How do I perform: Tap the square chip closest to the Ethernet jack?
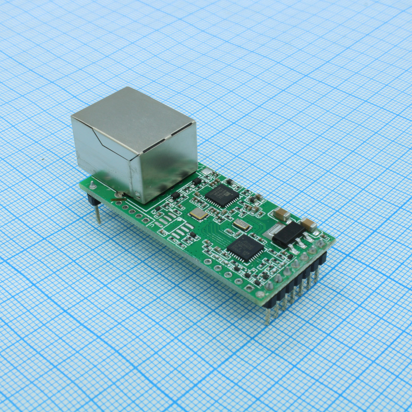pyautogui.click(x=222, y=195)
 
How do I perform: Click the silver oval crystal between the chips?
pyautogui.click(x=241, y=225)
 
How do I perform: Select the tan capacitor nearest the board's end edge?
pyautogui.click(x=309, y=225)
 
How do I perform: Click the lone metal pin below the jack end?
pyautogui.click(x=98, y=214)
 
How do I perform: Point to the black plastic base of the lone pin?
pyautogui.click(x=93, y=201)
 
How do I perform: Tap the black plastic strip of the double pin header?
pyautogui.click(x=297, y=284)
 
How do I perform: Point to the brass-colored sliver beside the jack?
pyautogui.click(x=119, y=199)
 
